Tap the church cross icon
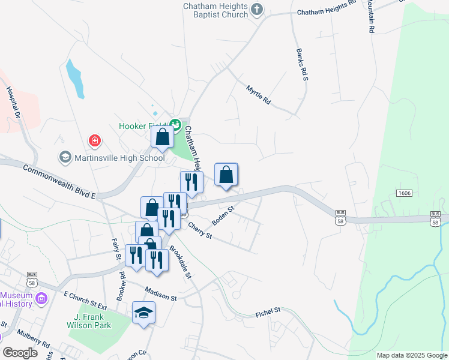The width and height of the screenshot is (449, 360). pos(257,8)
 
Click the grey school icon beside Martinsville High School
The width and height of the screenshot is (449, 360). pos(64,158)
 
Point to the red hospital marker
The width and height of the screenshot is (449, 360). pos(94,142)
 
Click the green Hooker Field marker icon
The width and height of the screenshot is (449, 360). pos(175,125)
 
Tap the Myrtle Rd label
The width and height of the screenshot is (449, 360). pos(259,95)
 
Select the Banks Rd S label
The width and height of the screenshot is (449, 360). pos(301,65)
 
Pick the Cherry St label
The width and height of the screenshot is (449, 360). pos(200,230)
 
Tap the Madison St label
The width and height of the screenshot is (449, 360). pos(160,297)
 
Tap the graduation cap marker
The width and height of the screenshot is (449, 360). pos(143,313)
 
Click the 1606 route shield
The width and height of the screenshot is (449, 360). pos(403,193)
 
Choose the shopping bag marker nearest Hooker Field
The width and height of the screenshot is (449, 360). pos(162,137)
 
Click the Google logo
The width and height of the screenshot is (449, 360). pos(20,352)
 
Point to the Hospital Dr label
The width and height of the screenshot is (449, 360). pos(13,102)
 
